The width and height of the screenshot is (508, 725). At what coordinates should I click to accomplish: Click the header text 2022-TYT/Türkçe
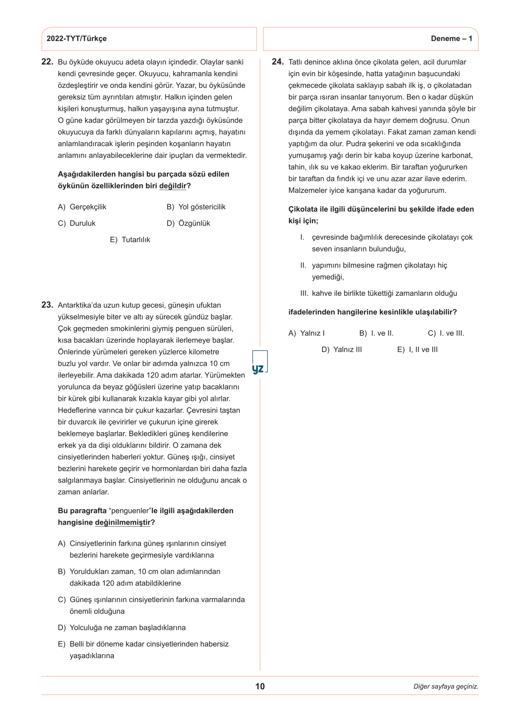(x=76, y=39)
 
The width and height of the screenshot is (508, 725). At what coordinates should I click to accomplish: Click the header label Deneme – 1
(x=451, y=39)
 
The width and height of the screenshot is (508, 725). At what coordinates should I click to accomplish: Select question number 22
(x=47, y=62)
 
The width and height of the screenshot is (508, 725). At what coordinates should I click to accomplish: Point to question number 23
(x=47, y=305)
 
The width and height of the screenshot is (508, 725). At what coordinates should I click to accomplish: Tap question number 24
(x=277, y=62)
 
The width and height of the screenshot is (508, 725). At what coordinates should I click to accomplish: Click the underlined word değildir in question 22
(x=173, y=186)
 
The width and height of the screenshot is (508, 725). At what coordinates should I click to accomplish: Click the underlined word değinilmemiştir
(x=123, y=522)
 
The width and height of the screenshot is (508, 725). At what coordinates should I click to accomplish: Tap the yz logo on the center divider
(x=259, y=368)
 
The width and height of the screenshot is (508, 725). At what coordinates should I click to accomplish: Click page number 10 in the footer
(x=260, y=686)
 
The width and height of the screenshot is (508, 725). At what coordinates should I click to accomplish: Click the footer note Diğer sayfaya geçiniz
(x=446, y=687)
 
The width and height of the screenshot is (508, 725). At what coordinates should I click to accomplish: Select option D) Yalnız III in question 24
(x=342, y=350)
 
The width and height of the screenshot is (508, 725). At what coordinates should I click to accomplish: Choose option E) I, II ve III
(x=417, y=350)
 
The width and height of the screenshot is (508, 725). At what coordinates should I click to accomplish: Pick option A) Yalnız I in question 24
(x=307, y=333)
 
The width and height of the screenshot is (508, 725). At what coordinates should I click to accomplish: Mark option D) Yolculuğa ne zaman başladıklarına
(x=122, y=627)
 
